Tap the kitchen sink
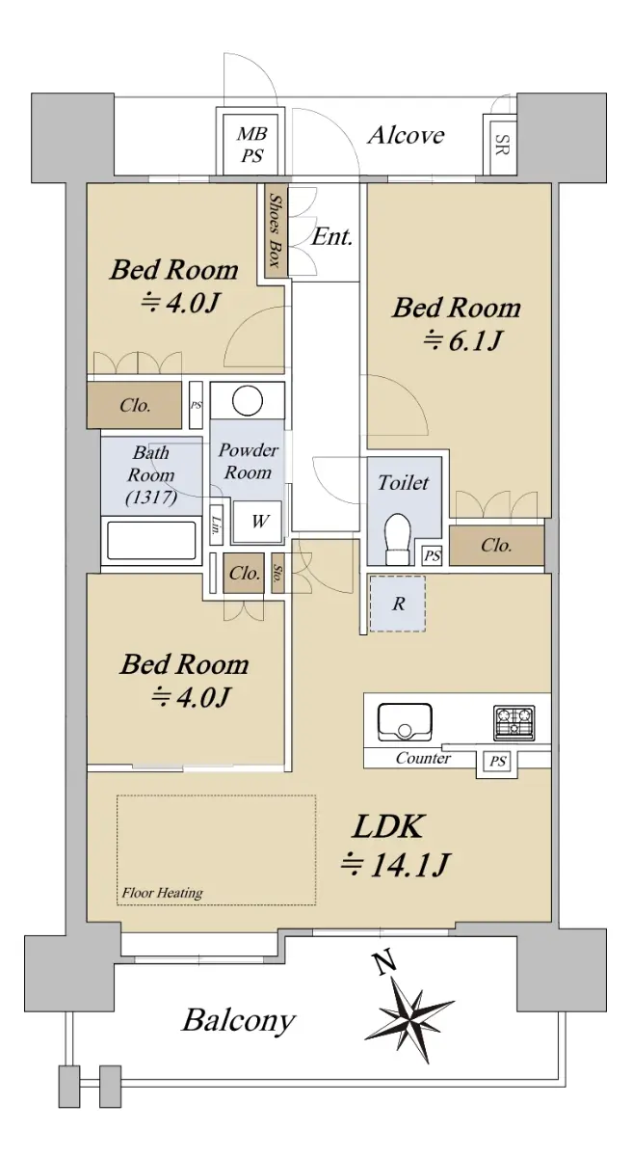[405, 721]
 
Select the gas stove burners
[513, 721]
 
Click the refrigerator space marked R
[398, 604]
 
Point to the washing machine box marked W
[257, 522]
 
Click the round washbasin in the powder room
[248, 400]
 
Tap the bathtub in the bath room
[151, 540]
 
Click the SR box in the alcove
[500, 145]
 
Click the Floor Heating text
[162, 893]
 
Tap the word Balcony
[238, 1020]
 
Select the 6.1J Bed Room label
[457, 323]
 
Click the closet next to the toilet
[496, 546]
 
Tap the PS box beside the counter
[497, 761]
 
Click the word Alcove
[406, 135]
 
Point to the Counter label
[423, 758]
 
